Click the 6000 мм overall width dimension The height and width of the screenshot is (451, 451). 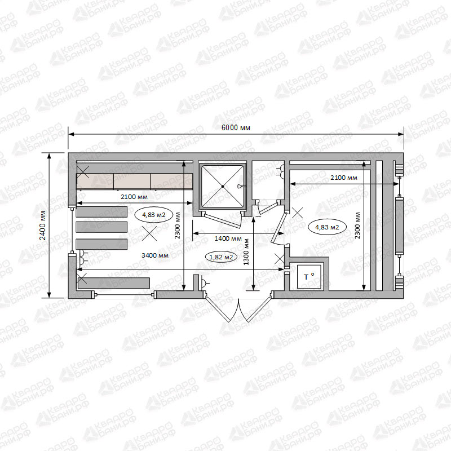coord(236,127)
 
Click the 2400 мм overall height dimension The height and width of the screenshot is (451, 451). coord(43,226)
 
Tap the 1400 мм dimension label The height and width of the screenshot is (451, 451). coord(228,238)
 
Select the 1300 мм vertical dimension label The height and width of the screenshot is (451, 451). coord(246,252)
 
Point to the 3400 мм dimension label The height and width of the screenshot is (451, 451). coord(155,255)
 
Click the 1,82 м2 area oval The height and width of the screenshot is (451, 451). coord(221,257)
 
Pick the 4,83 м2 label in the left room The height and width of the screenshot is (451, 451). coord(153,215)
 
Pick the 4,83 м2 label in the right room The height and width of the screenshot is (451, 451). coord(327,227)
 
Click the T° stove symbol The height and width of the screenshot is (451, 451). coord(309,277)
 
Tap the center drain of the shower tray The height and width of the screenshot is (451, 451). coord(223,187)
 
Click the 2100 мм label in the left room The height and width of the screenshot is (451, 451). coord(134,197)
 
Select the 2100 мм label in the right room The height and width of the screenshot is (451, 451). coord(344,178)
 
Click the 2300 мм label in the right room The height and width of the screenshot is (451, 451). coord(357,225)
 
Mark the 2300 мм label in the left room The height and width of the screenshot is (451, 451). coord(178,225)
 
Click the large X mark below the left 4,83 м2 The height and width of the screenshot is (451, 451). coord(149,233)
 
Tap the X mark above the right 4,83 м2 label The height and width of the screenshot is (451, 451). coord(298,213)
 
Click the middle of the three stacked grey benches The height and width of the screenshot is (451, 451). coord(101,227)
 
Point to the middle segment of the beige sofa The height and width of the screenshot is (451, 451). coord(132,181)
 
